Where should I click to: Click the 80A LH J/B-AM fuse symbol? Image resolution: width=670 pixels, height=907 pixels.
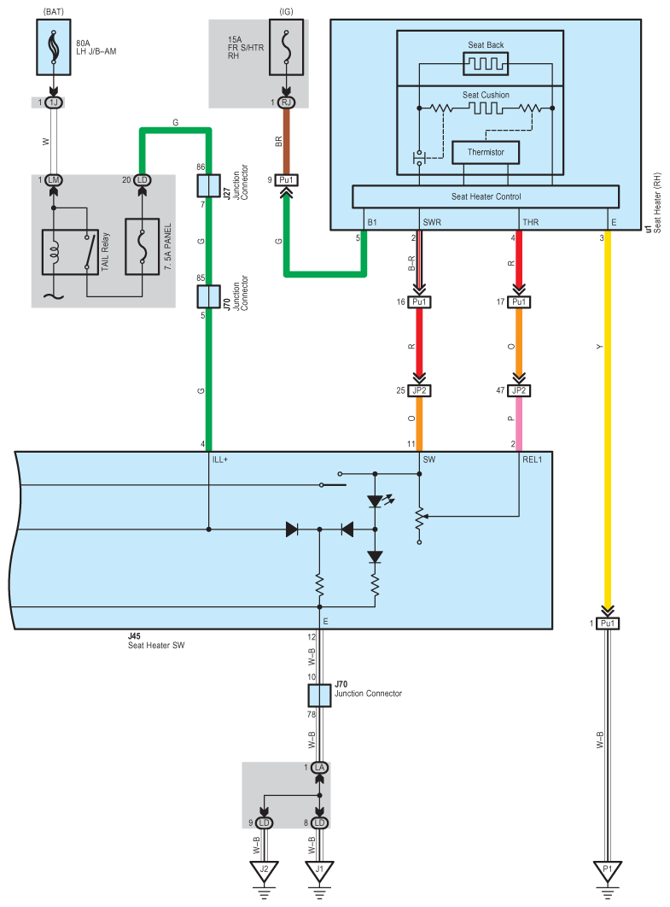54,47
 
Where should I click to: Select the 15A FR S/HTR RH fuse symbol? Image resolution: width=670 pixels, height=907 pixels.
286,47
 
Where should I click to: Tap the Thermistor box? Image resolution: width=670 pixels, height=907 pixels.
486,152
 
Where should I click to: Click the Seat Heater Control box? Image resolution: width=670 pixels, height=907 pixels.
486,196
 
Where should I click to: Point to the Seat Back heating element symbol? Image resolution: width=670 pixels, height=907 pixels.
486,64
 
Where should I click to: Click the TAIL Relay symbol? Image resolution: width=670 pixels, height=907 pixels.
70,252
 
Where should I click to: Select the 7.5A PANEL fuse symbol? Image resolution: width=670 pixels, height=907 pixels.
143,247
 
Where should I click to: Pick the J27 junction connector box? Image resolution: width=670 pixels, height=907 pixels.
209,185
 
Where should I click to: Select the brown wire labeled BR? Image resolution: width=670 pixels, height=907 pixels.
286,141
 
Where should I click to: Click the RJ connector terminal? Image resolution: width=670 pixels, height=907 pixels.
286,102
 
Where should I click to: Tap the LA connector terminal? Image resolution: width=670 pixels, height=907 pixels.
320,768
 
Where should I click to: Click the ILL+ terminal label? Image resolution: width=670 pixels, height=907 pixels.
220,459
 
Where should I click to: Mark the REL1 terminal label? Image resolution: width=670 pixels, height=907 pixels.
533,459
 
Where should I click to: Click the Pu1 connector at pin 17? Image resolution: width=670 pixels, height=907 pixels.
519,302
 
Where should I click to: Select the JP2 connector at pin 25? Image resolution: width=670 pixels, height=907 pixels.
420,390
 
